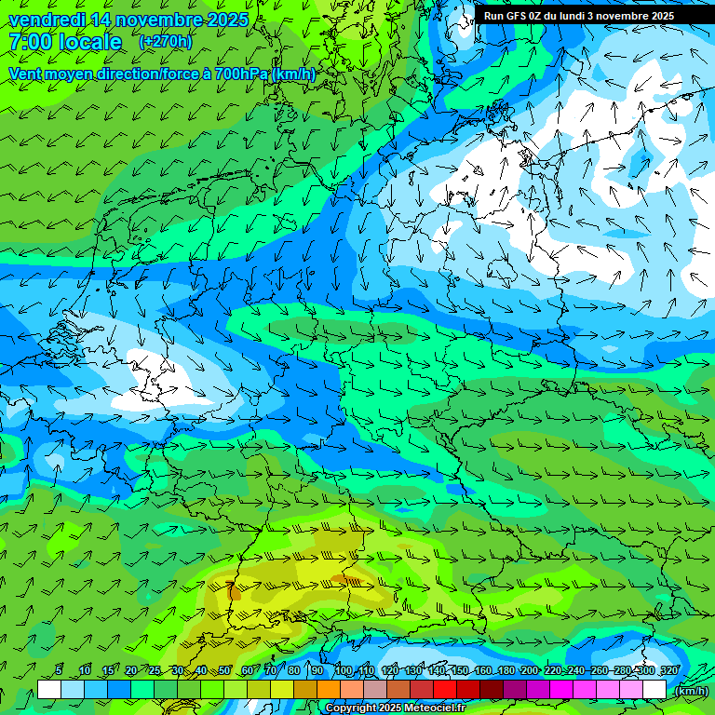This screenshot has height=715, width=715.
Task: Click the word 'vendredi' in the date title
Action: click(46, 20)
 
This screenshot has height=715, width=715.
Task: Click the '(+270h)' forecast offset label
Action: click(165, 42)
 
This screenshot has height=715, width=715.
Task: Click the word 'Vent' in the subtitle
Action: click(27, 74)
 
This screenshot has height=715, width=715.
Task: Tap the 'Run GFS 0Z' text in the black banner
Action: click(513, 16)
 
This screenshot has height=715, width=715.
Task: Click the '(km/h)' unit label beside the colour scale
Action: click(690, 691)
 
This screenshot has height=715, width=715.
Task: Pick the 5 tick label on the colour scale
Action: click(60, 670)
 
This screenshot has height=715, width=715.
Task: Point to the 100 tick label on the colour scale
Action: click(343, 670)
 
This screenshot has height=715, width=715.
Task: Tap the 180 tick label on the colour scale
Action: click(506, 670)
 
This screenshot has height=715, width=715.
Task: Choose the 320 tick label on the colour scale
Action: click(668, 670)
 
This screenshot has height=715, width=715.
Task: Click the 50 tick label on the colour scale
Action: click(224, 670)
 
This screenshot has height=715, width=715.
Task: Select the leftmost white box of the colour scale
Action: click(49, 689)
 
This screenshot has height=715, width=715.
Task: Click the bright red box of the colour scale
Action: click(445, 689)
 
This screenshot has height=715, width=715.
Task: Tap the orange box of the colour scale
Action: click(329, 689)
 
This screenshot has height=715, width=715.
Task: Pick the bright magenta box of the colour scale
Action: click(561, 689)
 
